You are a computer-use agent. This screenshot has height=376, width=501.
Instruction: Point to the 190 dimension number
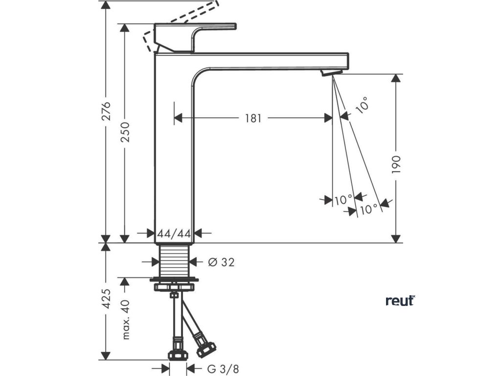pos(396,164)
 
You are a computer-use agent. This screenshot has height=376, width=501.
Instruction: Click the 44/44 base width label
pos(174,234)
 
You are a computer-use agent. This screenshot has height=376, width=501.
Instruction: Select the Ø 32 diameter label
pos(221,262)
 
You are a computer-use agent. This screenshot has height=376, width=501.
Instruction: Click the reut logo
pos(400,301)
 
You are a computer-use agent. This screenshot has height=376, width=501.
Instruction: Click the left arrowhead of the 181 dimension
pos(179,118)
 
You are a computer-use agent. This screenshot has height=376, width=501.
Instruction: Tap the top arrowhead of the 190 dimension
pos(396,78)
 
